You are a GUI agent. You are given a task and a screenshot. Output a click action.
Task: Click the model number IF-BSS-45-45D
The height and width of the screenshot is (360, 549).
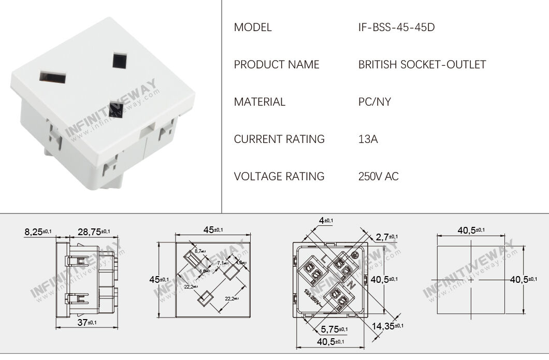pos(396,27)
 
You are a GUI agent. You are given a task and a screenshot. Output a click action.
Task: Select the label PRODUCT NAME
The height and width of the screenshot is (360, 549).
pos(277,65)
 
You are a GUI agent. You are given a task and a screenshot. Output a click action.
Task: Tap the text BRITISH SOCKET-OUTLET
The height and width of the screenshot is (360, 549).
pos(422,65)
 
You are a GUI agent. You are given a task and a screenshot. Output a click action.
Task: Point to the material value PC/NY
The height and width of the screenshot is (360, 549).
pos(374,102)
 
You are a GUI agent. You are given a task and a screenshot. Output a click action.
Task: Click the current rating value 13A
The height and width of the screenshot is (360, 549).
pos(368,139)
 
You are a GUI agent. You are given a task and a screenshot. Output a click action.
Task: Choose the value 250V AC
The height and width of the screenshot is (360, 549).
pos(379,177)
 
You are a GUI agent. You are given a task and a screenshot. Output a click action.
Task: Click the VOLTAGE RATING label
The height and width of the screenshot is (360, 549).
pos(279,177)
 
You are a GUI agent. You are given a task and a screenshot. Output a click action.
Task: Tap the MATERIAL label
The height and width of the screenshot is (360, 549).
pos(259,102)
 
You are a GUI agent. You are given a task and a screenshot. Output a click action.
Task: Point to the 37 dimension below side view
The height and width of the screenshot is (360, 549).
pos(84,322)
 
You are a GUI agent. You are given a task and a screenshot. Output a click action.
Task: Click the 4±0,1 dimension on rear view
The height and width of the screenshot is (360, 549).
pos(326,221)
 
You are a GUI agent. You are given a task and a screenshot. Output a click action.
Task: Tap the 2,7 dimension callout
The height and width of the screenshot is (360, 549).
pos(386,237)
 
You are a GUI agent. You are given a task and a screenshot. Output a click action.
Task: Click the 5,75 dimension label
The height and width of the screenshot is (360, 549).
pos(333,329)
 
